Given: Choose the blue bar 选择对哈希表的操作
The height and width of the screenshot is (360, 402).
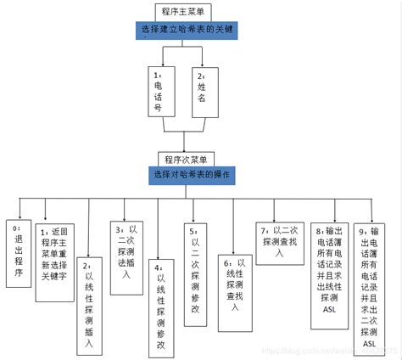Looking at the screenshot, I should (194, 175).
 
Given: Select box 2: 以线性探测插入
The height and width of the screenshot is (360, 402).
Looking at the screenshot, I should (88, 302).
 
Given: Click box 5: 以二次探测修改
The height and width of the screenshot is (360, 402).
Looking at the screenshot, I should (194, 260).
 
